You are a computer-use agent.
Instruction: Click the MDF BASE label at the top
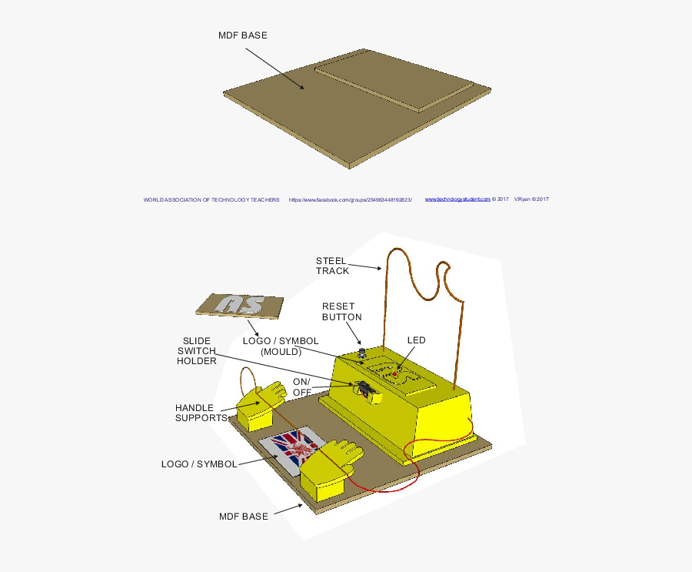tap(243, 35)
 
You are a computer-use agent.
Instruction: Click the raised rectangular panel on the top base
tap(394, 79)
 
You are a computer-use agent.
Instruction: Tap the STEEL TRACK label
tap(332, 266)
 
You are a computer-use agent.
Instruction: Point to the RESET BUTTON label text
tap(341, 312)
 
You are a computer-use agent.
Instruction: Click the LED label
tap(416, 340)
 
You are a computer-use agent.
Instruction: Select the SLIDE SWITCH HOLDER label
tap(197, 350)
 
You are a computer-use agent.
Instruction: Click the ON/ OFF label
tap(301, 387)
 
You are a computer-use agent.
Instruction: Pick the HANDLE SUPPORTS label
tap(201, 413)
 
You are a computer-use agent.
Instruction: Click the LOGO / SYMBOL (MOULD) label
tap(280, 346)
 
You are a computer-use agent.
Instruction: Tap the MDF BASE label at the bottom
tap(244, 517)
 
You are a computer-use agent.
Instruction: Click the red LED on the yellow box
tap(395, 374)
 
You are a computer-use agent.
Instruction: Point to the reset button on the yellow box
tap(362, 355)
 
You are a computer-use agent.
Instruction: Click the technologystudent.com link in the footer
tap(457, 199)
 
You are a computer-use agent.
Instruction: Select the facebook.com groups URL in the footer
tap(351, 199)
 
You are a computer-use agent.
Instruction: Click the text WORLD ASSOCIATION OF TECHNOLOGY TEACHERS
tap(211, 199)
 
